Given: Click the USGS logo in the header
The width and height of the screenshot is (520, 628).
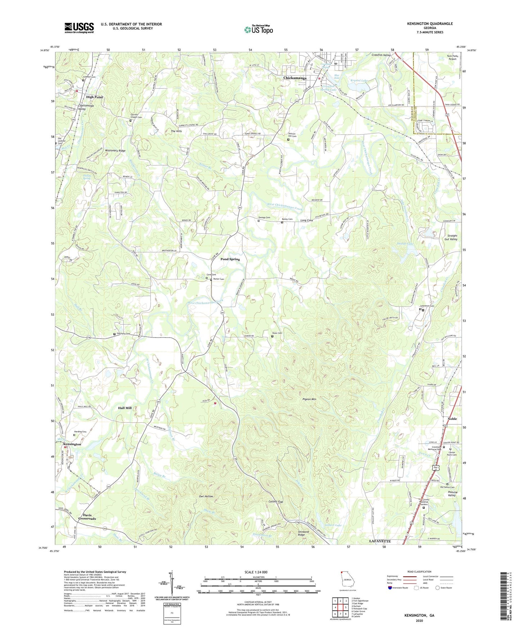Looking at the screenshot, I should click(79, 28).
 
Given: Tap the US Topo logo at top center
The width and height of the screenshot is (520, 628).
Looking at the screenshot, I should click(259, 29).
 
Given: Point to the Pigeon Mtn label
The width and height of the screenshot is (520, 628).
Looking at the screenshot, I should click(309, 399).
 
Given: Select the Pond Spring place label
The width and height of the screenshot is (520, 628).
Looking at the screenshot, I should click(230, 259).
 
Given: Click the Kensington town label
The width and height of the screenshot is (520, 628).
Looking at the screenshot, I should click(72, 444).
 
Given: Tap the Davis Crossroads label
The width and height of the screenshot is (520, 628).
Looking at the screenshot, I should click(87, 517).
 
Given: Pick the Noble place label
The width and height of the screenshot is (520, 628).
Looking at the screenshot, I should click(452, 419).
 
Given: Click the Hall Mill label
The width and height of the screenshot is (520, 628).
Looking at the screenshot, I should click(125, 408).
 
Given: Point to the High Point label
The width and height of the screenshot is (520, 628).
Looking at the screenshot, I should click(94, 97).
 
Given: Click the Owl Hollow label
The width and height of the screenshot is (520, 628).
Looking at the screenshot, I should click(206, 496).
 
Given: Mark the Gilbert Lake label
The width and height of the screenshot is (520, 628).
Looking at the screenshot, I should click(333, 525).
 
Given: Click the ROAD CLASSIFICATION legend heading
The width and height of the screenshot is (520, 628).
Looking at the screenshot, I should click(420, 572).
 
